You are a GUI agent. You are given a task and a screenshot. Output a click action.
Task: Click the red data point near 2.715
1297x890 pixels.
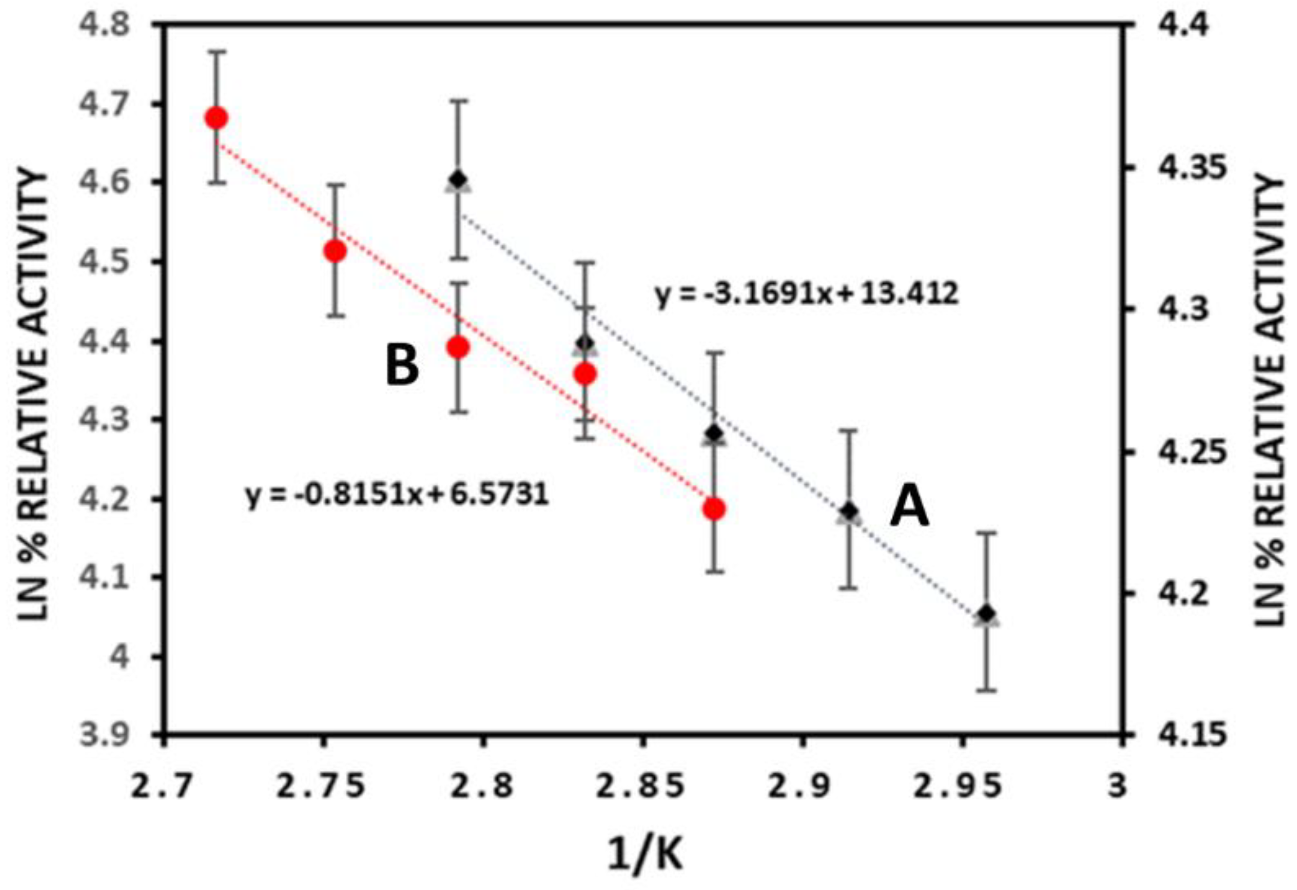click(216, 118)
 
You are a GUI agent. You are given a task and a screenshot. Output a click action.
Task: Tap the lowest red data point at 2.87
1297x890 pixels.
click(714, 509)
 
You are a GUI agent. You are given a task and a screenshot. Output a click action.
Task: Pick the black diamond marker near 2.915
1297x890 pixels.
click(849, 511)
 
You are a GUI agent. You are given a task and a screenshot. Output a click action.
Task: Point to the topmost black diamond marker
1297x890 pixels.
click(459, 179)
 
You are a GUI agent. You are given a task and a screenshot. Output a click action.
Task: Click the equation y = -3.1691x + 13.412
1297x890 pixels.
click(806, 295)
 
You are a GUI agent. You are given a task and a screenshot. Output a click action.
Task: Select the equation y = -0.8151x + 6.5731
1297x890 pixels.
click(397, 494)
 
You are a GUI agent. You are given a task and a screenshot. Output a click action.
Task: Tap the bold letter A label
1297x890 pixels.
click(909, 507)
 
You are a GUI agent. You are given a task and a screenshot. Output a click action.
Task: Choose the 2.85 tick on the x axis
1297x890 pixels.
click(640, 787)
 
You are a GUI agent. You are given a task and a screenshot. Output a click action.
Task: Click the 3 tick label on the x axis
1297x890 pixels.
click(1117, 787)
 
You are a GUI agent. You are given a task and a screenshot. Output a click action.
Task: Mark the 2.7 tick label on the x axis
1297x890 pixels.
click(162, 787)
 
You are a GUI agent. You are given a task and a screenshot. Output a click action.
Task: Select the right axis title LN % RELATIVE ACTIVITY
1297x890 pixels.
click(1270, 400)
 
